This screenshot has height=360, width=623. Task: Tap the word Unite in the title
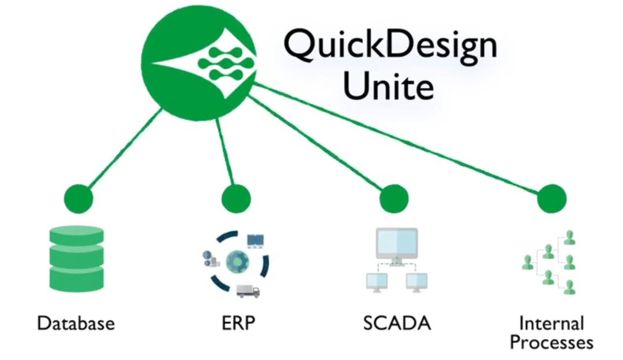(x=388, y=86)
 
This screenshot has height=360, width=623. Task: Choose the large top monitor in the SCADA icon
(x=396, y=243)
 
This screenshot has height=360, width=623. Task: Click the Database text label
(x=76, y=323)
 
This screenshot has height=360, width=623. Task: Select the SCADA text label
(x=397, y=323)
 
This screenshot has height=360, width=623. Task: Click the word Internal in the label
(x=551, y=323)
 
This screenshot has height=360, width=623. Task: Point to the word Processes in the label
(x=551, y=342)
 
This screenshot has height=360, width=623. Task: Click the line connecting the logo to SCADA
(x=323, y=142)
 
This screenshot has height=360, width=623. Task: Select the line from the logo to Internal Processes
(x=404, y=139)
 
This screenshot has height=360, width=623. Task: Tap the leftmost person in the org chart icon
(x=527, y=262)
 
